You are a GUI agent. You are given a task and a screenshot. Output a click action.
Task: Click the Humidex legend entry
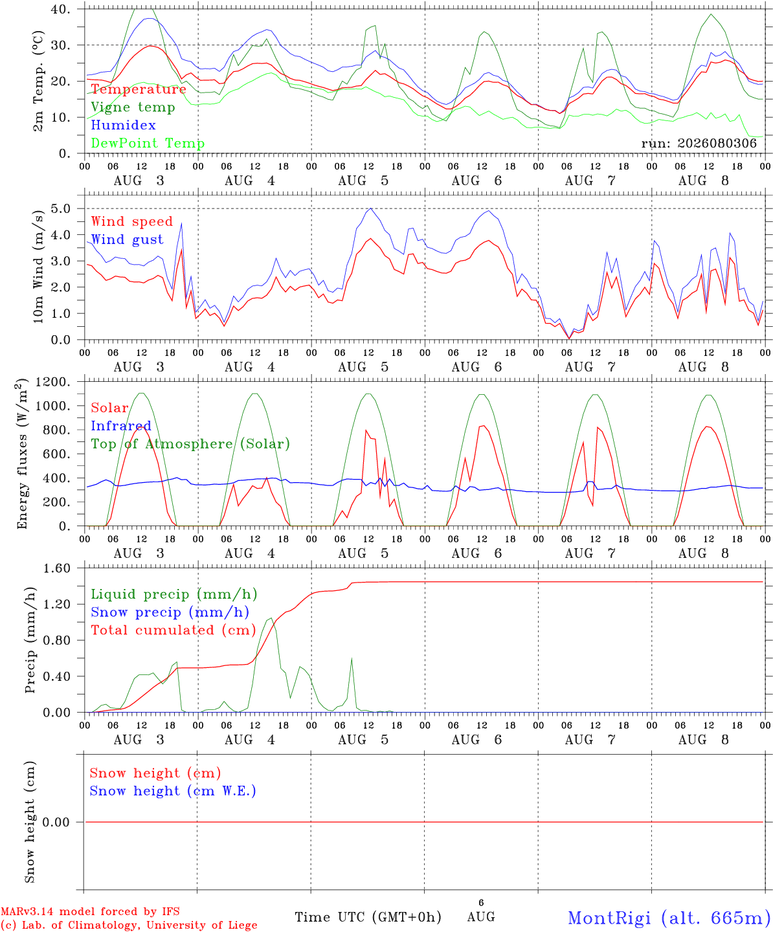[123, 125]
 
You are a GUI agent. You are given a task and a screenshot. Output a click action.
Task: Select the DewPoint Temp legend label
[148, 143]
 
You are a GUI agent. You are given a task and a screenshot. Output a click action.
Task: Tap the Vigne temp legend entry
[133, 107]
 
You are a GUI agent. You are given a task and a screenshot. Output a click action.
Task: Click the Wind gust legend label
[128, 239]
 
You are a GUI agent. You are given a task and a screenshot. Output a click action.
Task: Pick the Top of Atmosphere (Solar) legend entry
[191, 444]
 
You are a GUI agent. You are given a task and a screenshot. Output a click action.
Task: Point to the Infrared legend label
[121, 426]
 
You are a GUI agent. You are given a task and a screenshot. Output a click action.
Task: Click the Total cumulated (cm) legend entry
[174, 630]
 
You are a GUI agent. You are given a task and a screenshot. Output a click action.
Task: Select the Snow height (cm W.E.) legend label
[173, 790]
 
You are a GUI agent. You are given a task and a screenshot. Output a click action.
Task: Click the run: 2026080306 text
[699, 143]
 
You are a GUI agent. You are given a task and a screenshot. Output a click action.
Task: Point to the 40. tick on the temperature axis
[60, 9]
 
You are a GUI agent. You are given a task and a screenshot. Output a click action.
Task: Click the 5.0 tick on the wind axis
[61, 208]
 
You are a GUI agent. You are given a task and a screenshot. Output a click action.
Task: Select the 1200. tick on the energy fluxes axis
[53, 382]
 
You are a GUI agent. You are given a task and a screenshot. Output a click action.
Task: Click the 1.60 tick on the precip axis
[57, 568]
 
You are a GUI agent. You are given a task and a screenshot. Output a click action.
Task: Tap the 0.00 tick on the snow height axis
[56, 822]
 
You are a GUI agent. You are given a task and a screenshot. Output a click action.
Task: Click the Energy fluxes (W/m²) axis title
[22, 454]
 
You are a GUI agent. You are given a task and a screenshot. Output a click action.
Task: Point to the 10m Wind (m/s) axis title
[38, 266]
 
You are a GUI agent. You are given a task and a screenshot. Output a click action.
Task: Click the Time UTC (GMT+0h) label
[368, 917]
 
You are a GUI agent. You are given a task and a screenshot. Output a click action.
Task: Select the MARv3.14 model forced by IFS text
[90, 911]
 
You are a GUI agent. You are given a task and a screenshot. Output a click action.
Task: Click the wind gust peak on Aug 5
[371, 208]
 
